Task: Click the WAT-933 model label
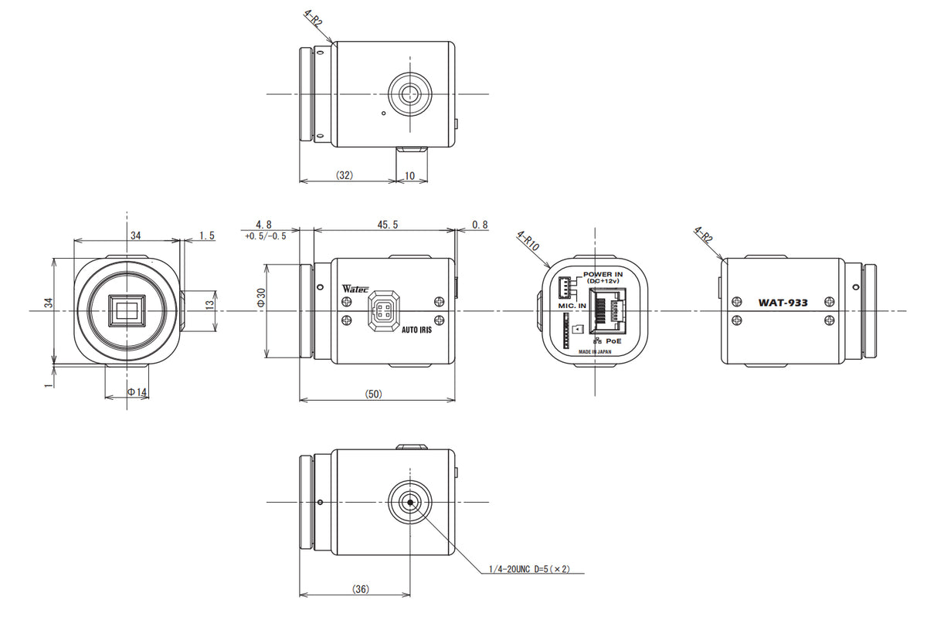(x=783, y=303)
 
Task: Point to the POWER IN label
(x=603, y=274)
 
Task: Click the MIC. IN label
(x=572, y=306)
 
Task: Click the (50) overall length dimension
(x=373, y=394)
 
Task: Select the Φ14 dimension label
(x=137, y=392)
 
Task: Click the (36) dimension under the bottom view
(x=360, y=589)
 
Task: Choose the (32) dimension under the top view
(x=345, y=176)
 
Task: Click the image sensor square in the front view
(x=127, y=311)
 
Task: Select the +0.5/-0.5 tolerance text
(x=265, y=235)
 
